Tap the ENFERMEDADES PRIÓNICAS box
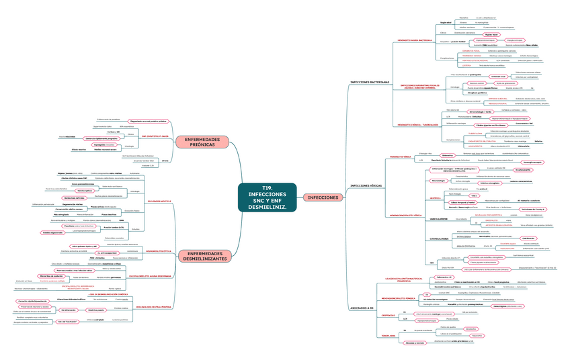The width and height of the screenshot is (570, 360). [202, 142]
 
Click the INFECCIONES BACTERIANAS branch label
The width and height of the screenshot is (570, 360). [370, 82]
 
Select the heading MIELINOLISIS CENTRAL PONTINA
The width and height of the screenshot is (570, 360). [153, 308]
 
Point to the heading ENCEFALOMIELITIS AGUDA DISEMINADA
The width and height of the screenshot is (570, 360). [153, 276]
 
